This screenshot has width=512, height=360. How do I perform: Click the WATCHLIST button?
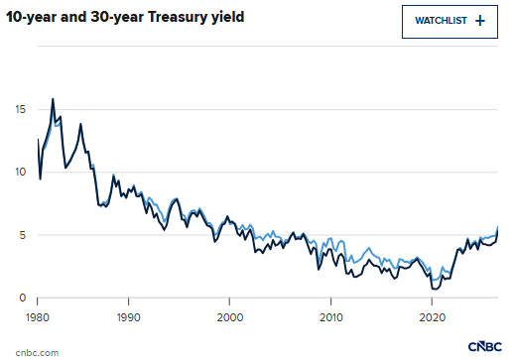(x=449, y=22)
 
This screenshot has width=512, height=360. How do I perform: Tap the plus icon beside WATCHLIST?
(x=480, y=21)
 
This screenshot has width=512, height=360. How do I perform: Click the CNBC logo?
(x=485, y=346)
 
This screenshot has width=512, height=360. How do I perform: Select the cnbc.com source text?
(x=37, y=353)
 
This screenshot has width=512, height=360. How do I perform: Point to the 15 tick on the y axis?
(x=21, y=109)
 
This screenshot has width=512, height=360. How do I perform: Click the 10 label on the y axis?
(x=20, y=172)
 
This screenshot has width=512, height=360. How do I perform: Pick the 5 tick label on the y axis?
(x=23, y=235)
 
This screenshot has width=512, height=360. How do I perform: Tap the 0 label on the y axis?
(x=23, y=298)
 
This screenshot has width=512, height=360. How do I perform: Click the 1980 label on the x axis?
(x=38, y=317)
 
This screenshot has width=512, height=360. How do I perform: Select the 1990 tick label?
(x=128, y=317)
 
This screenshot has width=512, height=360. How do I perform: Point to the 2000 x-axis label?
(x=230, y=317)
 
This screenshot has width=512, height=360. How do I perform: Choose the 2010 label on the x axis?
(x=331, y=317)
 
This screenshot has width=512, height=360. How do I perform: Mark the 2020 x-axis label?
(x=432, y=317)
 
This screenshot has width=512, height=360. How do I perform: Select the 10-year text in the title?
(x=31, y=17)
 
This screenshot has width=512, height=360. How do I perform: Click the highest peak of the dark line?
(x=53, y=99)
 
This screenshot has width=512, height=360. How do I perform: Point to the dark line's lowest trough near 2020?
(x=436, y=290)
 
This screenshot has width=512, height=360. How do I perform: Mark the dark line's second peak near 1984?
(x=80, y=124)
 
